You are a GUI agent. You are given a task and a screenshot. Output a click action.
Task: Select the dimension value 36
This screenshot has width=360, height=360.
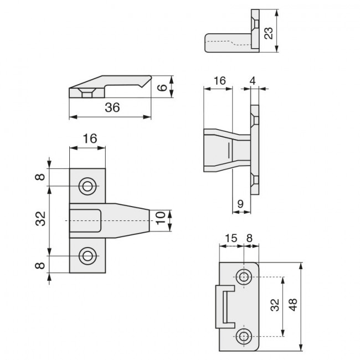click(112, 108)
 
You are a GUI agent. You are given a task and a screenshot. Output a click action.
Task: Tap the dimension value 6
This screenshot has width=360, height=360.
click(161, 88)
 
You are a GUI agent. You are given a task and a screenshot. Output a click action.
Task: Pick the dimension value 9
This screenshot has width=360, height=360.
click(240, 204)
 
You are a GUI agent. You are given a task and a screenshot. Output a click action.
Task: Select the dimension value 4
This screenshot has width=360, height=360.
click(253, 80)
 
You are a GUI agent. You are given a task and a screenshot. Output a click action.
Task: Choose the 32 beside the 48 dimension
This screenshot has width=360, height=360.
click(275, 305)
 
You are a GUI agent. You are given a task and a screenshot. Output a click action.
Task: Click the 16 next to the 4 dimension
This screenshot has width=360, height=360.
click(219, 80)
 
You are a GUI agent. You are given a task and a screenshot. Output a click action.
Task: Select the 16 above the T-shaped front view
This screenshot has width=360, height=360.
click(89, 139)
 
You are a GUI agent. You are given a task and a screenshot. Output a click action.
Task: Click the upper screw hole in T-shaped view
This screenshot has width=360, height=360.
click(87, 186)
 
